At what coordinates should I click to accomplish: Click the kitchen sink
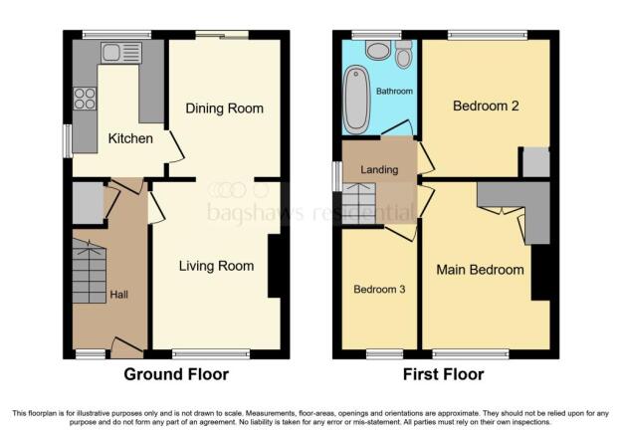[x=121, y=53]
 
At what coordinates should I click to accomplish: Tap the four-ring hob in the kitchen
[x=85, y=99]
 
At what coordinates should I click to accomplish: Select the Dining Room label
[x=225, y=109]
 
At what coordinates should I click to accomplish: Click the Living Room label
[x=216, y=266]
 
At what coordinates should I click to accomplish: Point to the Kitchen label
[x=130, y=138]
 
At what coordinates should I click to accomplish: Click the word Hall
[x=118, y=295]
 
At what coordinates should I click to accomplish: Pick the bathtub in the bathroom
[x=356, y=100]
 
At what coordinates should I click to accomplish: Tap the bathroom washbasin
[x=378, y=51]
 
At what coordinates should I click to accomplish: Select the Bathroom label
[x=394, y=92]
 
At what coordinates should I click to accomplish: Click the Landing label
[x=379, y=170]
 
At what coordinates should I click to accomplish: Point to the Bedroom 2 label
[x=486, y=107]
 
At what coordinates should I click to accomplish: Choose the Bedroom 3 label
[x=379, y=290]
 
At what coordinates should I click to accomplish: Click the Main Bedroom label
[x=480, y=270]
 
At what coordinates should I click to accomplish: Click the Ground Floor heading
[x=176, y=374]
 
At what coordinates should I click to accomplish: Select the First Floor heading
[x=443, y=374]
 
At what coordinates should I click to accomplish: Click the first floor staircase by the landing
[x=359, y=204]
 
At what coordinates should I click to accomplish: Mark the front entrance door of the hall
[x=126, y=347]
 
